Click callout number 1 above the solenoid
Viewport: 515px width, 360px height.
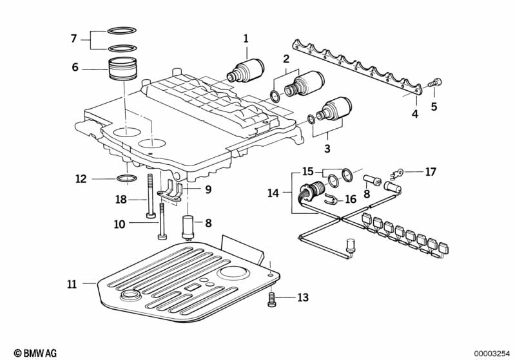[246, 39]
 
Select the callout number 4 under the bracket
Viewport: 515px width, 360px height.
[415, 114]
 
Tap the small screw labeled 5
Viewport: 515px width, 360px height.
[437, 82]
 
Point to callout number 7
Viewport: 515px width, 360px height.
[75, 39]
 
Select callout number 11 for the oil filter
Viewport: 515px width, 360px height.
[71, 283]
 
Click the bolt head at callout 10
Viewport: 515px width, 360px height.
[159, 223]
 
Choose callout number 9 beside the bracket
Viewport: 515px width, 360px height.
[208, 189]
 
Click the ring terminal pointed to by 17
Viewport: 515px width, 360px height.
[400, 171]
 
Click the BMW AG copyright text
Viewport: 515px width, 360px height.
[31, 353]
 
